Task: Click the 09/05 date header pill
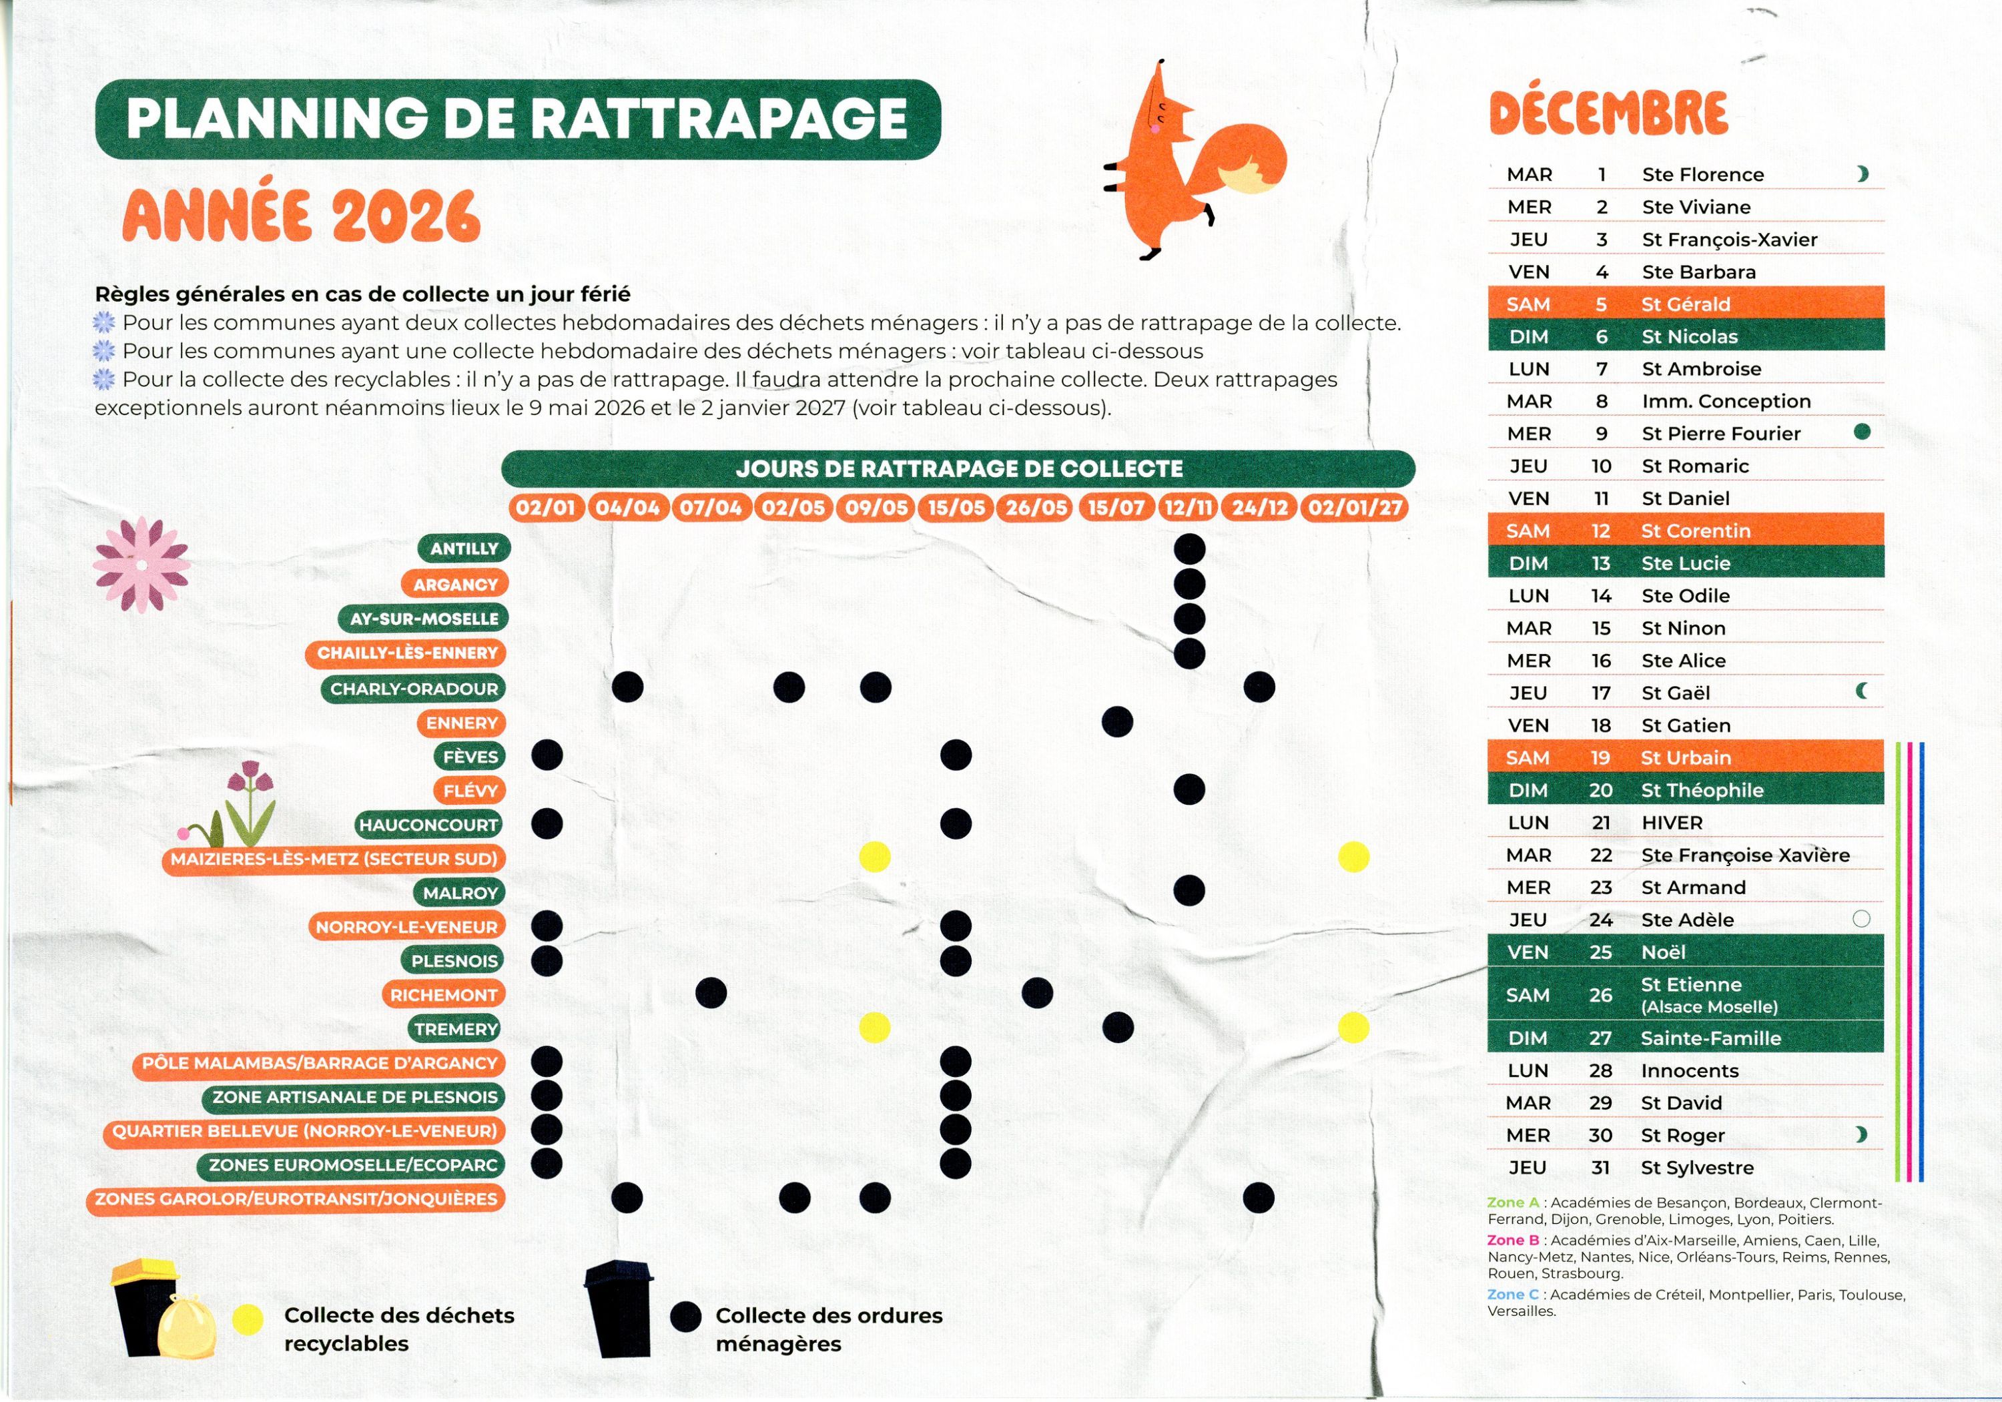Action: (876, 507)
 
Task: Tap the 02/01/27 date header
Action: (1353, 507)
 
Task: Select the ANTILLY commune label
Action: (464, 549)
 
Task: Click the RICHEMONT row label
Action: (443, 995)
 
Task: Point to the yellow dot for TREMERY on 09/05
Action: (875, 1027)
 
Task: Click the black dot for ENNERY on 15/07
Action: (1117, 722)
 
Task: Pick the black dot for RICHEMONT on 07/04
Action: (711, 992)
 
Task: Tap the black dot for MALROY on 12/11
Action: (1189, 890)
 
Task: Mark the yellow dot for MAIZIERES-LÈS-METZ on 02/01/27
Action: (1353, 857)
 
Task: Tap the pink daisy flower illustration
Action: (141, 564)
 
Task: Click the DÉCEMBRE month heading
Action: (1608, 113)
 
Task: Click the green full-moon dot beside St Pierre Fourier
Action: (1862, 432)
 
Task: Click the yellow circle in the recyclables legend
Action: (248, 1320)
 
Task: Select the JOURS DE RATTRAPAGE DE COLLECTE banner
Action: (958, 469)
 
